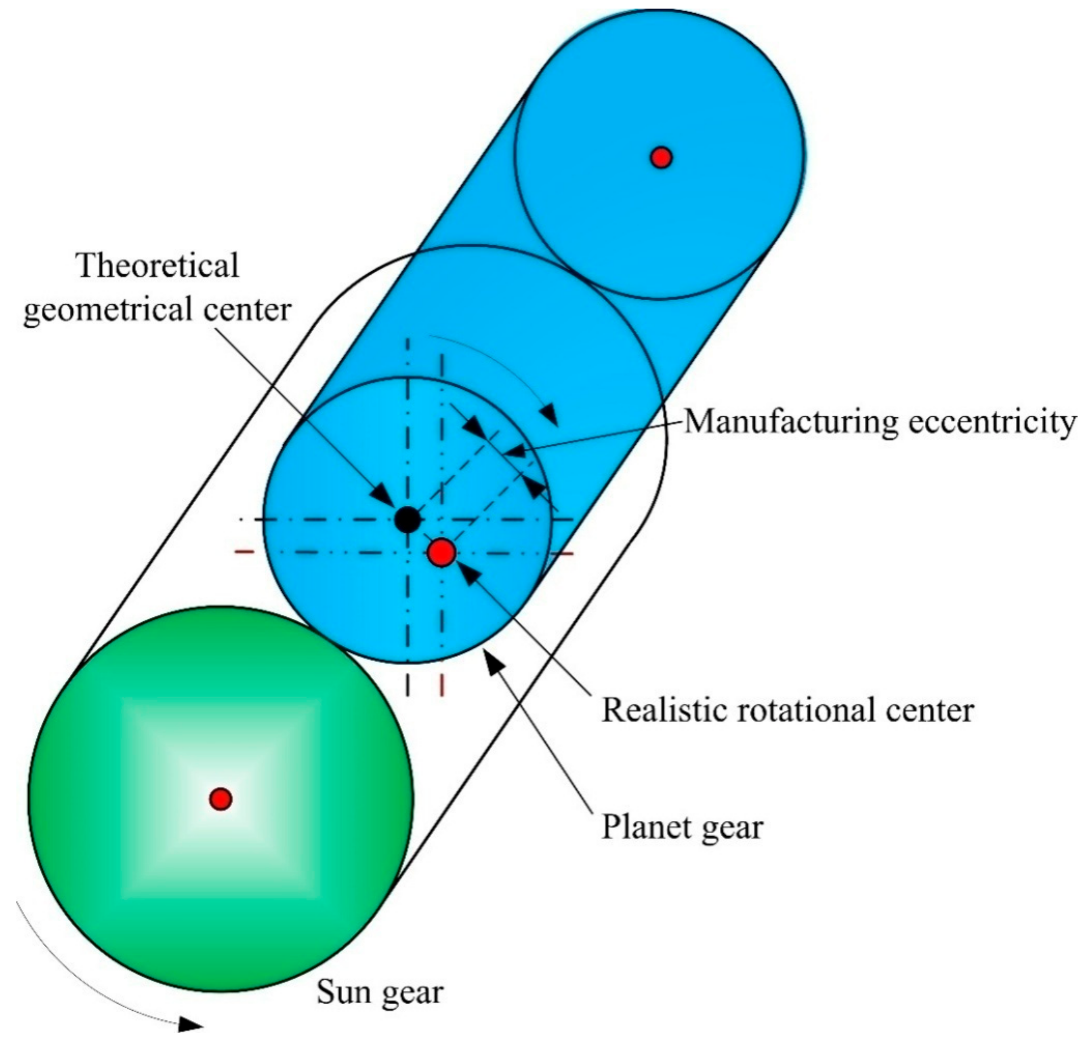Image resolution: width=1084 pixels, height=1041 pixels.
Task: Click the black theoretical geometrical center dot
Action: [408, 519]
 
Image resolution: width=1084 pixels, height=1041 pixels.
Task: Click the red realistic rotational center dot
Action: [442, 552]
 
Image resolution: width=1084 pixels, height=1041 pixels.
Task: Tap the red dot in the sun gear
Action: [221, 799]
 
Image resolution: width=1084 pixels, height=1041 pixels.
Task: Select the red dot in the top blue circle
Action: [661, 158]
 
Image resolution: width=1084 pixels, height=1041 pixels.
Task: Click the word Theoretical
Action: [158, 265]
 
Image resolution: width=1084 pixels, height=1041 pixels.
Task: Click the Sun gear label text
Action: [380, 992]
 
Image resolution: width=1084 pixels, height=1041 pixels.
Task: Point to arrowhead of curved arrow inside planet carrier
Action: [549, 414]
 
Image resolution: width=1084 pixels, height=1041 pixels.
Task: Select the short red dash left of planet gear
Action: [244, 552]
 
